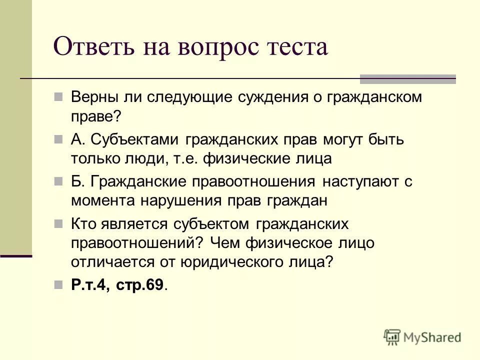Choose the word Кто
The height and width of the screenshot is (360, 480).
(81, 223)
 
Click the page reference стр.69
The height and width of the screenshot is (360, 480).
(140, 285)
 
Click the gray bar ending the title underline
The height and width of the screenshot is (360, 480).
(408, 79)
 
